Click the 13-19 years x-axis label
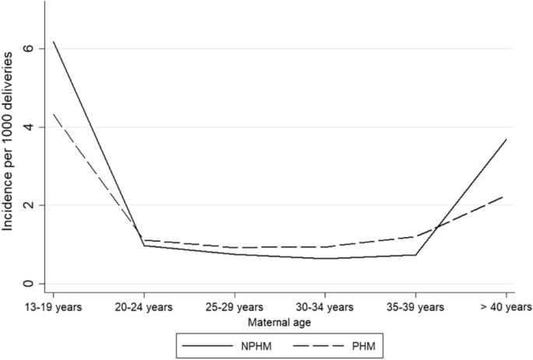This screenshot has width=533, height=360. (x=53, y=306)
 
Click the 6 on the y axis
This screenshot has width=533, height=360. (x=30, y=48)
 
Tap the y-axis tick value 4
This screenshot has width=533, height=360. (x=30, y=127)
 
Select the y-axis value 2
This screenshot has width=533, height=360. (x=30, y=205)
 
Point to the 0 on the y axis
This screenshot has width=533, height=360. (x=30, y=284)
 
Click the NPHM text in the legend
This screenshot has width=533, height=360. (x=247, y=344)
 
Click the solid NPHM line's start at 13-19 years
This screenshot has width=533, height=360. (x=53, y=41)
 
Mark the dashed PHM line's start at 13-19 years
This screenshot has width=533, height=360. (x=53, y=114)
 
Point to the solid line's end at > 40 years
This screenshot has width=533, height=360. (x=507, y=140)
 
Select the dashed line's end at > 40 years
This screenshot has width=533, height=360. (x=507, y=197)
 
